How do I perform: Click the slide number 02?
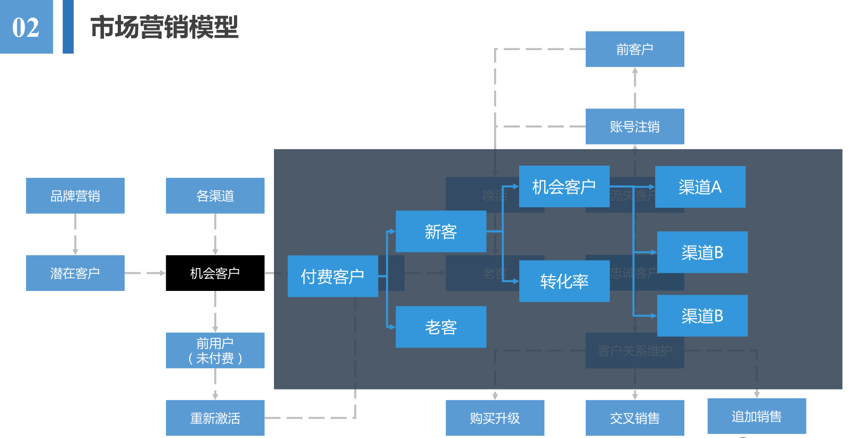tap(26, 27)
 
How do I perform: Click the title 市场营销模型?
tap(164, 27)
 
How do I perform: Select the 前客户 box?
tap(634, 49)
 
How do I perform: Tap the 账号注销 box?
tap(634, 126)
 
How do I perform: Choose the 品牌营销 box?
tap(75, 196)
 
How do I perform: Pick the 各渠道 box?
tap(215, 196)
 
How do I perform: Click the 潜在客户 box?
tap(75, 273)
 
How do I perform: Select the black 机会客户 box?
tap(215, 273)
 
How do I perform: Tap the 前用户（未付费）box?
tap(215, 350)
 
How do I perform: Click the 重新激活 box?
tap(215, 418)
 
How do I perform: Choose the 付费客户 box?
tap(333, 276)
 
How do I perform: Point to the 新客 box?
tap(441, 231)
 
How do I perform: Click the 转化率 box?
tap(564, 281)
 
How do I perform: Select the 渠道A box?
tap(700, 186)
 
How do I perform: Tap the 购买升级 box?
tap(495, 418)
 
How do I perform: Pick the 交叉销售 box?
tap(634, 418)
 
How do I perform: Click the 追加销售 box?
tap(756, 416)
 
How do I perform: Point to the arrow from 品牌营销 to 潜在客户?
tap(75, 234)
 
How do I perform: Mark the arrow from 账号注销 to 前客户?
tap(635, 88)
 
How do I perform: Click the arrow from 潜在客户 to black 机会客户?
tap(145, 273)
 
